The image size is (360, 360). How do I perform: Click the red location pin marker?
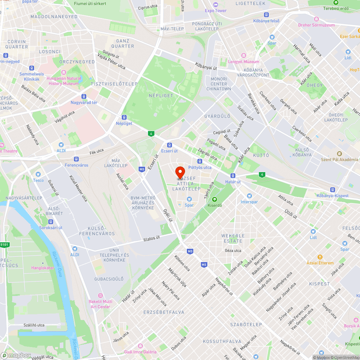[180, 172]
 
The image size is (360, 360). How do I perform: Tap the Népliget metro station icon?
[124, 117]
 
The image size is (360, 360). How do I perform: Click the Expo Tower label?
[216, 10]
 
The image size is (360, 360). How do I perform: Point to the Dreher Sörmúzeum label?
[316, 25]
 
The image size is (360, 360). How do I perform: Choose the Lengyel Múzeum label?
[244, 62]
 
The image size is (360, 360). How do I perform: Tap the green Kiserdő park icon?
[215, 199]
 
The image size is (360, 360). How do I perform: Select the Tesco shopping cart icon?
[38, 174]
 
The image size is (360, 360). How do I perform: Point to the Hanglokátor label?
[42, 267]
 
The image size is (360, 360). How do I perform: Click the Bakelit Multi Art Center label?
[100, 304]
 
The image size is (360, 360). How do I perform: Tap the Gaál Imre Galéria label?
[140, 352]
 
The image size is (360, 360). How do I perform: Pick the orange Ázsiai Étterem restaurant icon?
[320, 257]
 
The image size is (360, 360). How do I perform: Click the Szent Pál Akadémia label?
[340, 159]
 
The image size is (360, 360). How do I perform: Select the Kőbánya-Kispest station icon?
[332, 190]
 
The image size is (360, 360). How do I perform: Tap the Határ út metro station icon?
[233, 176]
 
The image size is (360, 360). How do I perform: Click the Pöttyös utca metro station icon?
[199, 161]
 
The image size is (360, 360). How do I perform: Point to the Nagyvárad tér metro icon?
[84, 96]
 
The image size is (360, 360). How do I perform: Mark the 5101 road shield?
[4, 245]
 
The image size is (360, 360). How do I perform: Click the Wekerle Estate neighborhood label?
[233, 238]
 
